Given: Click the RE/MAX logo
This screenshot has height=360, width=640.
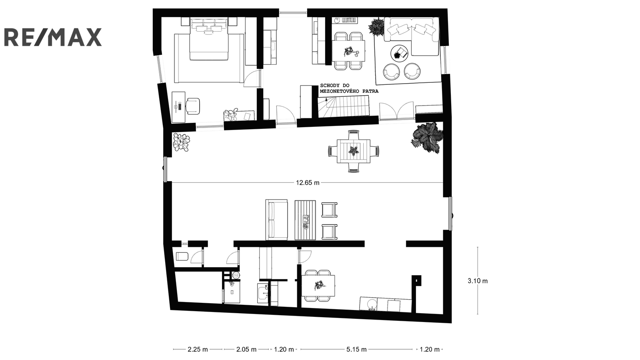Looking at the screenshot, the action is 53,37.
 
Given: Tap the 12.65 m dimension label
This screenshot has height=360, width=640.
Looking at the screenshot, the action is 308,182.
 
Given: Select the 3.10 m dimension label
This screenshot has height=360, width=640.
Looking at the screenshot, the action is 478,281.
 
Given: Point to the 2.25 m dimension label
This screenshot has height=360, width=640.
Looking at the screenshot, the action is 198,349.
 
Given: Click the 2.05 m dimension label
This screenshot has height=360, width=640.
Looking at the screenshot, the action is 246,349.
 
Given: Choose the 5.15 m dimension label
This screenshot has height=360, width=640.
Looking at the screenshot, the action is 356,349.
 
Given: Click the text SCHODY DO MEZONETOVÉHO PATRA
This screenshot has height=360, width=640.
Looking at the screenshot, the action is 349,88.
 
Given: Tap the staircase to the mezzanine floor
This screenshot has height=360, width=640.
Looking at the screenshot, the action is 344,106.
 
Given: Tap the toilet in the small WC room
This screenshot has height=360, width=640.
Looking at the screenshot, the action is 182,256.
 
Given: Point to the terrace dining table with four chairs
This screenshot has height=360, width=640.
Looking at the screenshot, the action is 354,151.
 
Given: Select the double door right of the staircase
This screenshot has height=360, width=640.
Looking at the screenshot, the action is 396,110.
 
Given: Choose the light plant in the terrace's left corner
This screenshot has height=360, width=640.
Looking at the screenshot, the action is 181,142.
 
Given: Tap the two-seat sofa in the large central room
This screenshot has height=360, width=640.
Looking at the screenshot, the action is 276,220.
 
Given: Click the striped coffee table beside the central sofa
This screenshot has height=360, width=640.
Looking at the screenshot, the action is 305,220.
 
